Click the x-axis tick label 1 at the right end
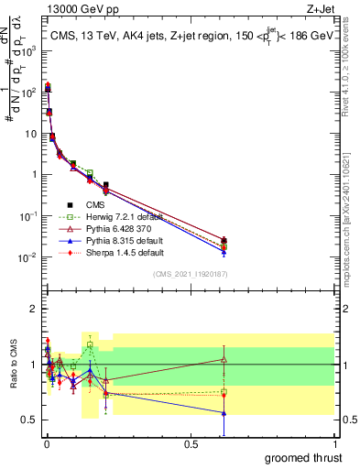(334, 443)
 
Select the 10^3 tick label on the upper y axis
(27, 51)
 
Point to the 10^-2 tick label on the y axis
(27, 257)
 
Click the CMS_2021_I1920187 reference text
(189, 274)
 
